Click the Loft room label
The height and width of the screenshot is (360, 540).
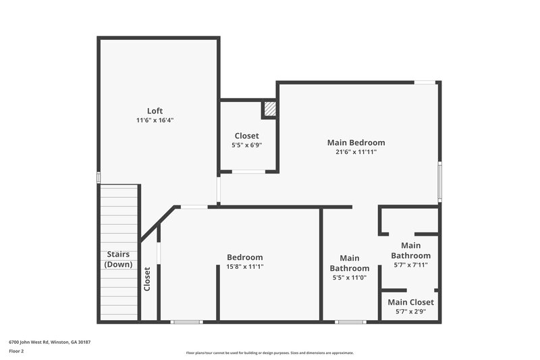coord(155,111)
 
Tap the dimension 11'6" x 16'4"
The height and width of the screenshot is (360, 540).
coord(155,120)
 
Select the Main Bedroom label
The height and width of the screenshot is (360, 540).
coord(356,143)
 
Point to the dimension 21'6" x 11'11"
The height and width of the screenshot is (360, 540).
coord(356,152)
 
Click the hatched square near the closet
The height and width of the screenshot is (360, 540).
coord(269,109)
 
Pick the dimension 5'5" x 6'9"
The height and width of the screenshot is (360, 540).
coord(246,145)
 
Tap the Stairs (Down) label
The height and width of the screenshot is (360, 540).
coord(118,259)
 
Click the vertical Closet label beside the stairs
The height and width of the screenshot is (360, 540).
coord(147,279)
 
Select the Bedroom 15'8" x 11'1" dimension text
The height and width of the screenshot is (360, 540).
coord(245,267)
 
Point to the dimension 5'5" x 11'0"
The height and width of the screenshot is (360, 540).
coord(349,277)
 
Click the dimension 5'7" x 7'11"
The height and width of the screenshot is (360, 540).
coord(410,265)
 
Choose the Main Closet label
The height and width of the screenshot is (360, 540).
coord(410,302)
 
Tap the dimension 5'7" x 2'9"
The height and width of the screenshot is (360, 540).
coord(410,311)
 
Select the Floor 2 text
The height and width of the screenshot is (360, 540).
coord(16,351)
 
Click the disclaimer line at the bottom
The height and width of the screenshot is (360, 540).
coord(270,353)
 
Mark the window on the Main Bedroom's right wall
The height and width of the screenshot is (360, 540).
coord(439,181)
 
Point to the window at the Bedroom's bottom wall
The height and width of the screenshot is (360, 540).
coord(186,322)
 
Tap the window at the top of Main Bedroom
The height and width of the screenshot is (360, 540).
coord(425,82)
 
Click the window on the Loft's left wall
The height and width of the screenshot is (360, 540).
coord(99,178)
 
